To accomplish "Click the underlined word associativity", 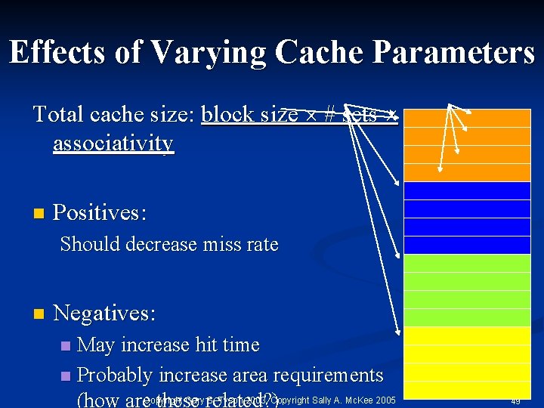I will (113, 144).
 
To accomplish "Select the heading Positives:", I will (100, 212).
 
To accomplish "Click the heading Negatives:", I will (105, 312).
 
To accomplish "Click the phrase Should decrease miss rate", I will (169, 245).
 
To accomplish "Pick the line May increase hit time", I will (168, 345).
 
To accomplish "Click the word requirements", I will (335, 376).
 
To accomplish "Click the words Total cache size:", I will (115, 114).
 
